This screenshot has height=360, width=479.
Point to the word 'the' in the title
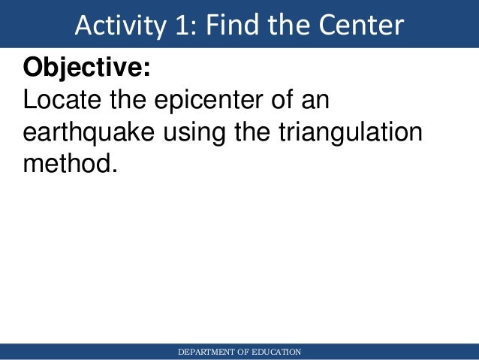(289, 26)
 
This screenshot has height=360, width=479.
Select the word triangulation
(351, 133)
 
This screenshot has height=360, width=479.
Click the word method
(66, 163)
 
